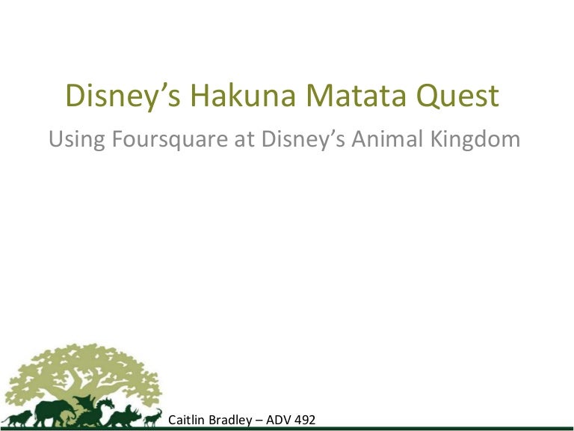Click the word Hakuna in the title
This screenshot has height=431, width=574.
coord(243,95)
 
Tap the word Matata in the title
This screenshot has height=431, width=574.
coord(356,95)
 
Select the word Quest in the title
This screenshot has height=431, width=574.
coord(457,96)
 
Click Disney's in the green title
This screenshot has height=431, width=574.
coord(123,97)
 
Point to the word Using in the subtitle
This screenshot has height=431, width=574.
coord(76,140)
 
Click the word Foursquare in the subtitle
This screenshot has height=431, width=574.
coord(170,140)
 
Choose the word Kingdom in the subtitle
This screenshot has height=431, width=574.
coord(475,140)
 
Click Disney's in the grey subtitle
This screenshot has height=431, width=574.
coord(303,140)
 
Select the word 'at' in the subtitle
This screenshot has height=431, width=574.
coord(244,139)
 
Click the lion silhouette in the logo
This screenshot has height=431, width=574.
coord(18,418)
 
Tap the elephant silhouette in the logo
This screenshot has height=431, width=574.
coord(54,413)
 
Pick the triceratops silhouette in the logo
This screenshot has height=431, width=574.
coord(124,416)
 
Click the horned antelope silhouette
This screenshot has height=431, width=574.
coord(152,418)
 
